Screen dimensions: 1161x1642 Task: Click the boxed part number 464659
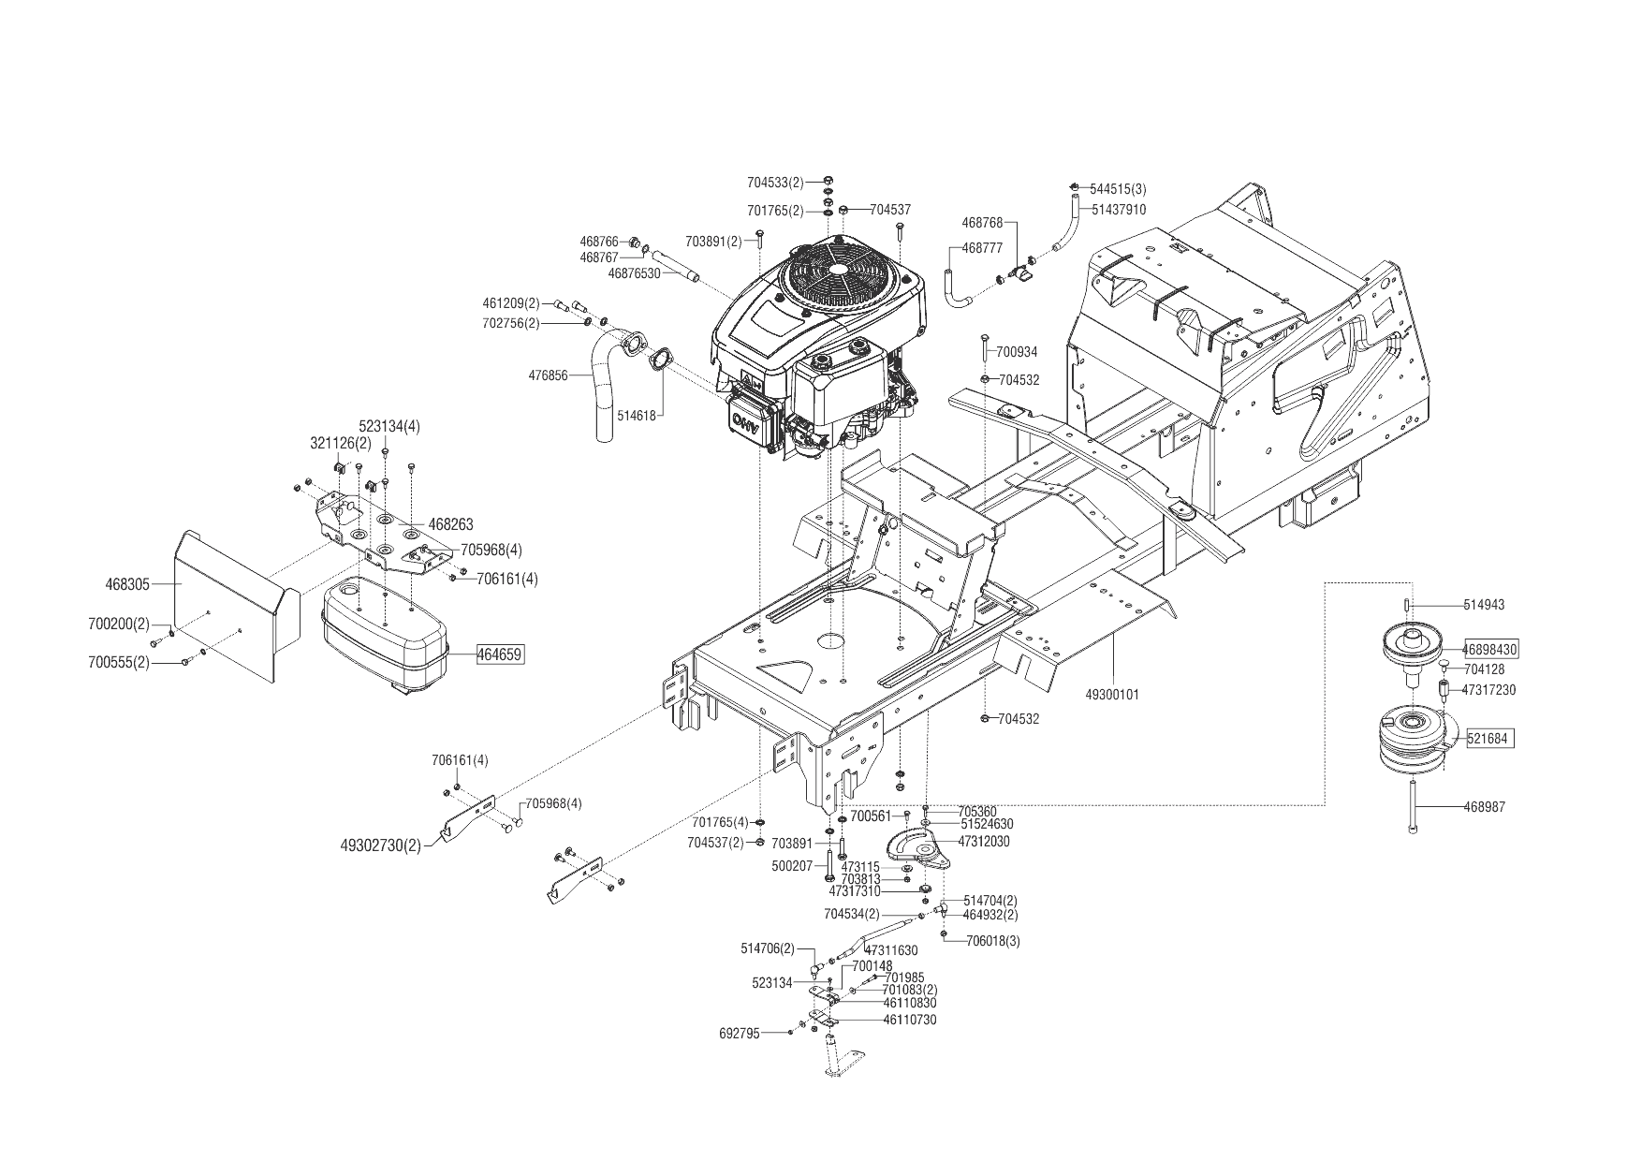500,654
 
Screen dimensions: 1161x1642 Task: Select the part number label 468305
127,584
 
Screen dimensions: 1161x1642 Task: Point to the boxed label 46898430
1489,648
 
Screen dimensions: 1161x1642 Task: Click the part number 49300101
1112,695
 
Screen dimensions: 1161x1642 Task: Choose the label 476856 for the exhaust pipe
548,375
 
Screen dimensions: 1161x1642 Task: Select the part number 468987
1484,806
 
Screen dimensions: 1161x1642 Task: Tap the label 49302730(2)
380,845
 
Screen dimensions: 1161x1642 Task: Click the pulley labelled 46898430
1415,648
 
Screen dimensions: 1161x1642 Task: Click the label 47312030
983,842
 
